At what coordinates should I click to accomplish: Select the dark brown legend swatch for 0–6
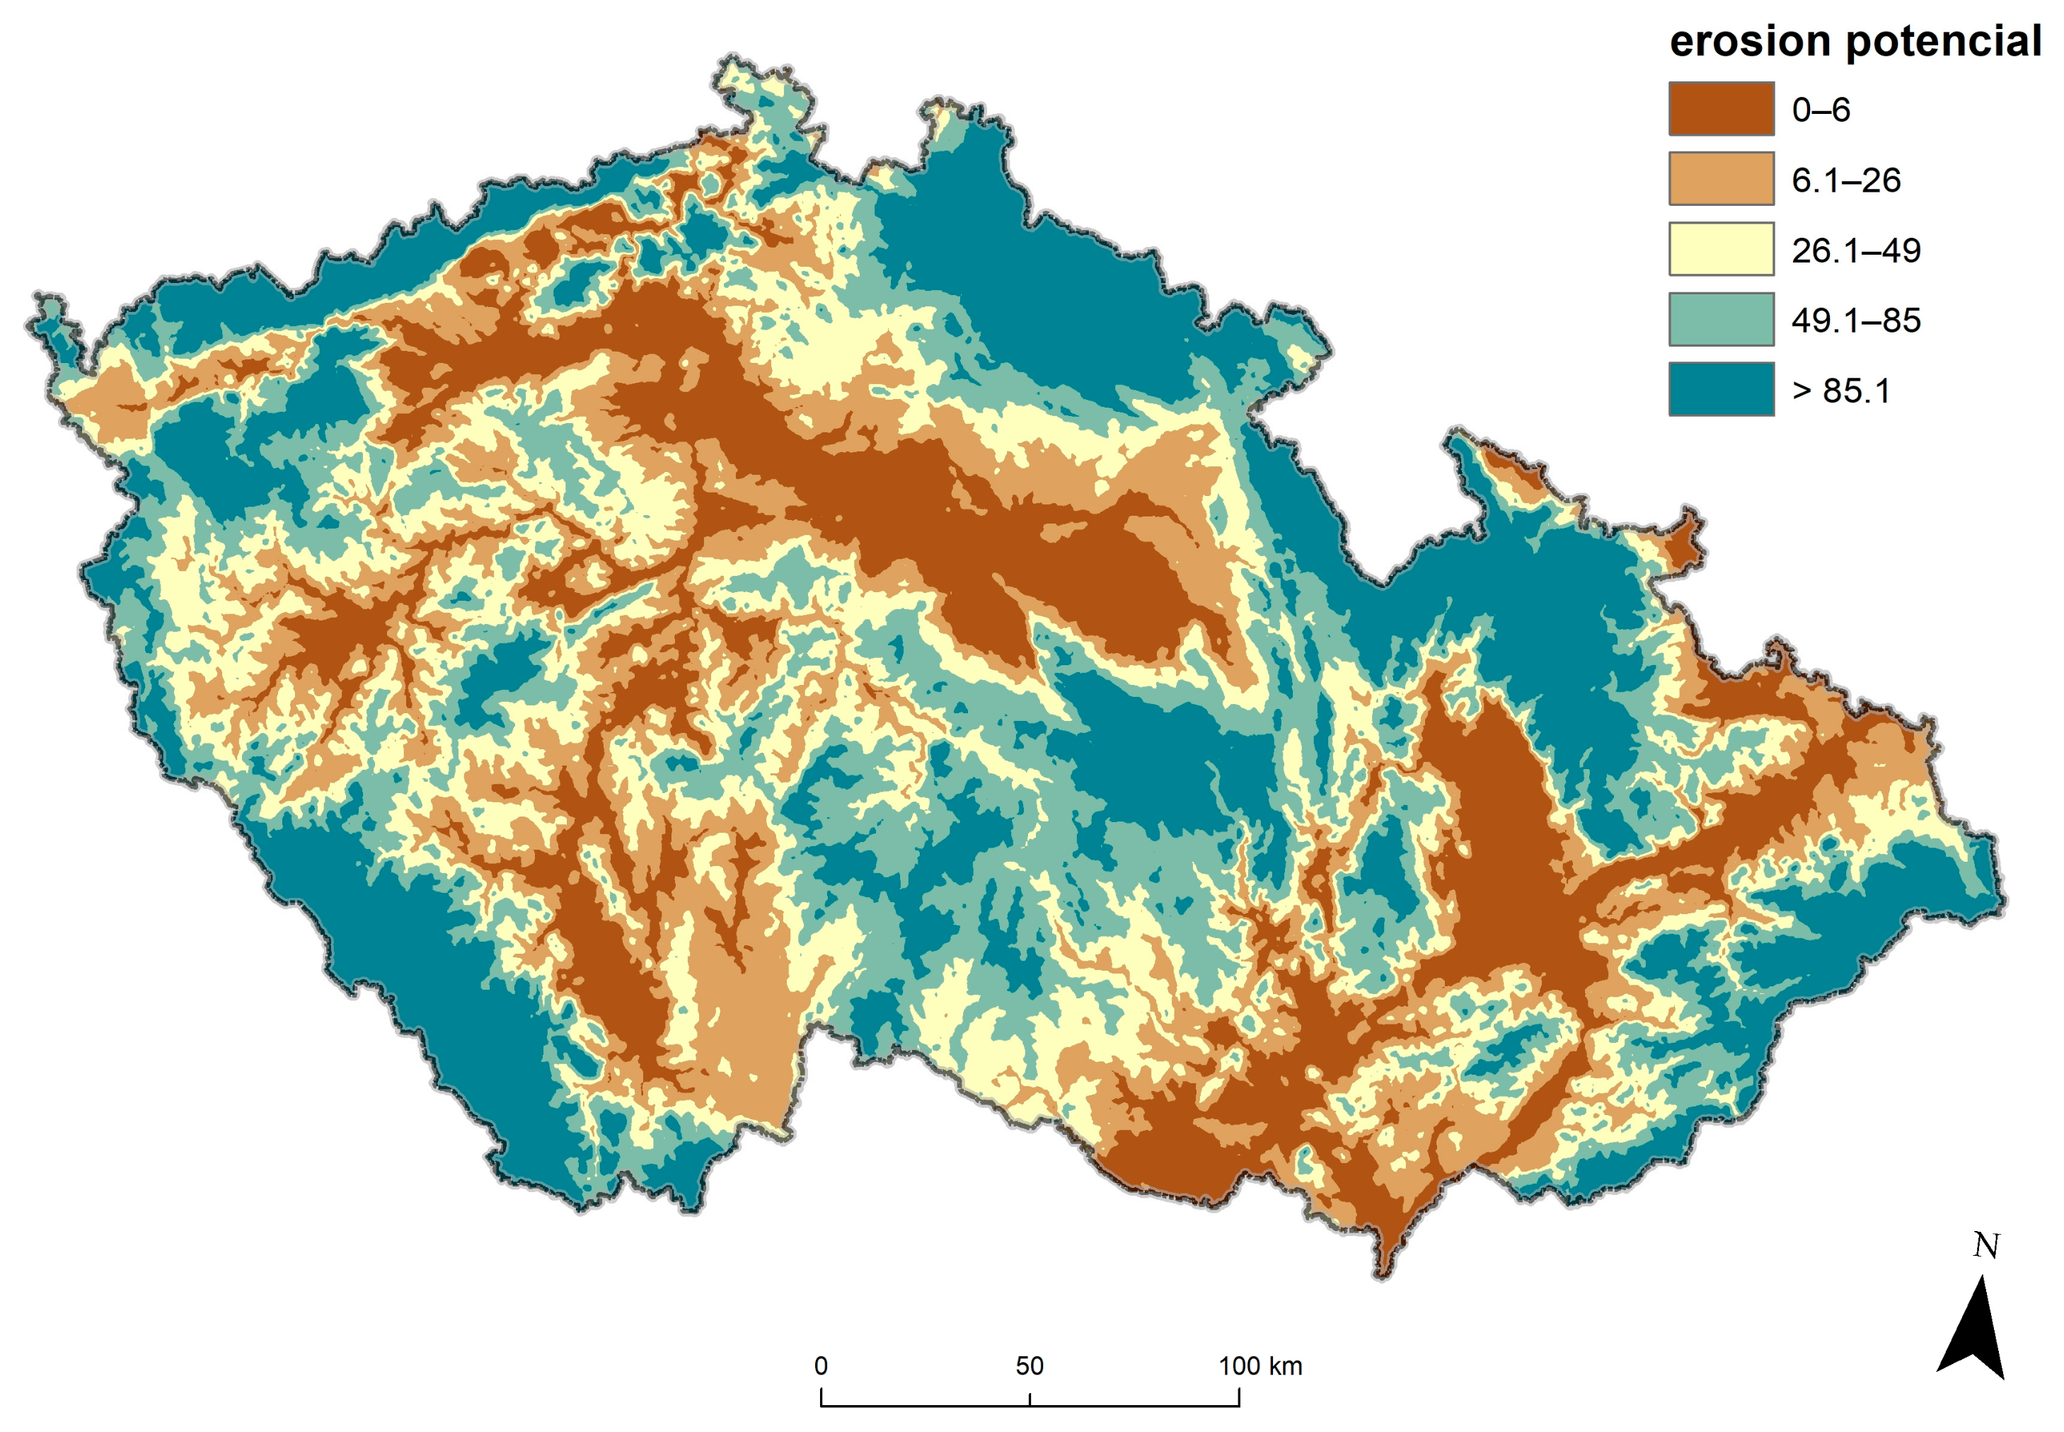coord(1720,108)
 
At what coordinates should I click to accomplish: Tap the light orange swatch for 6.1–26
coord(1720,178)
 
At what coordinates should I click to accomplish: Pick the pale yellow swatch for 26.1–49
coord(1720,248)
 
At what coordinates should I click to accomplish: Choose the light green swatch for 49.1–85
coord(1720,318)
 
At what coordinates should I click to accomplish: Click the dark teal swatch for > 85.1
coord(1720,388)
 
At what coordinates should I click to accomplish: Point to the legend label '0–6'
coord(1820,110)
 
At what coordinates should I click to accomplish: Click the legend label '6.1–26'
coord(1845,180)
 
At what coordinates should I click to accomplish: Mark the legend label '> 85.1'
coord(1840,391)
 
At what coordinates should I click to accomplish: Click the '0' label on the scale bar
coord(820,1365)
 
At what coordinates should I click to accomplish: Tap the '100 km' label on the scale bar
coord(1259,1365)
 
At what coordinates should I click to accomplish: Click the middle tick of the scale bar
coord(1030,1399)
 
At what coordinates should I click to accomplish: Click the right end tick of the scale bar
coord(1238,1397)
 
